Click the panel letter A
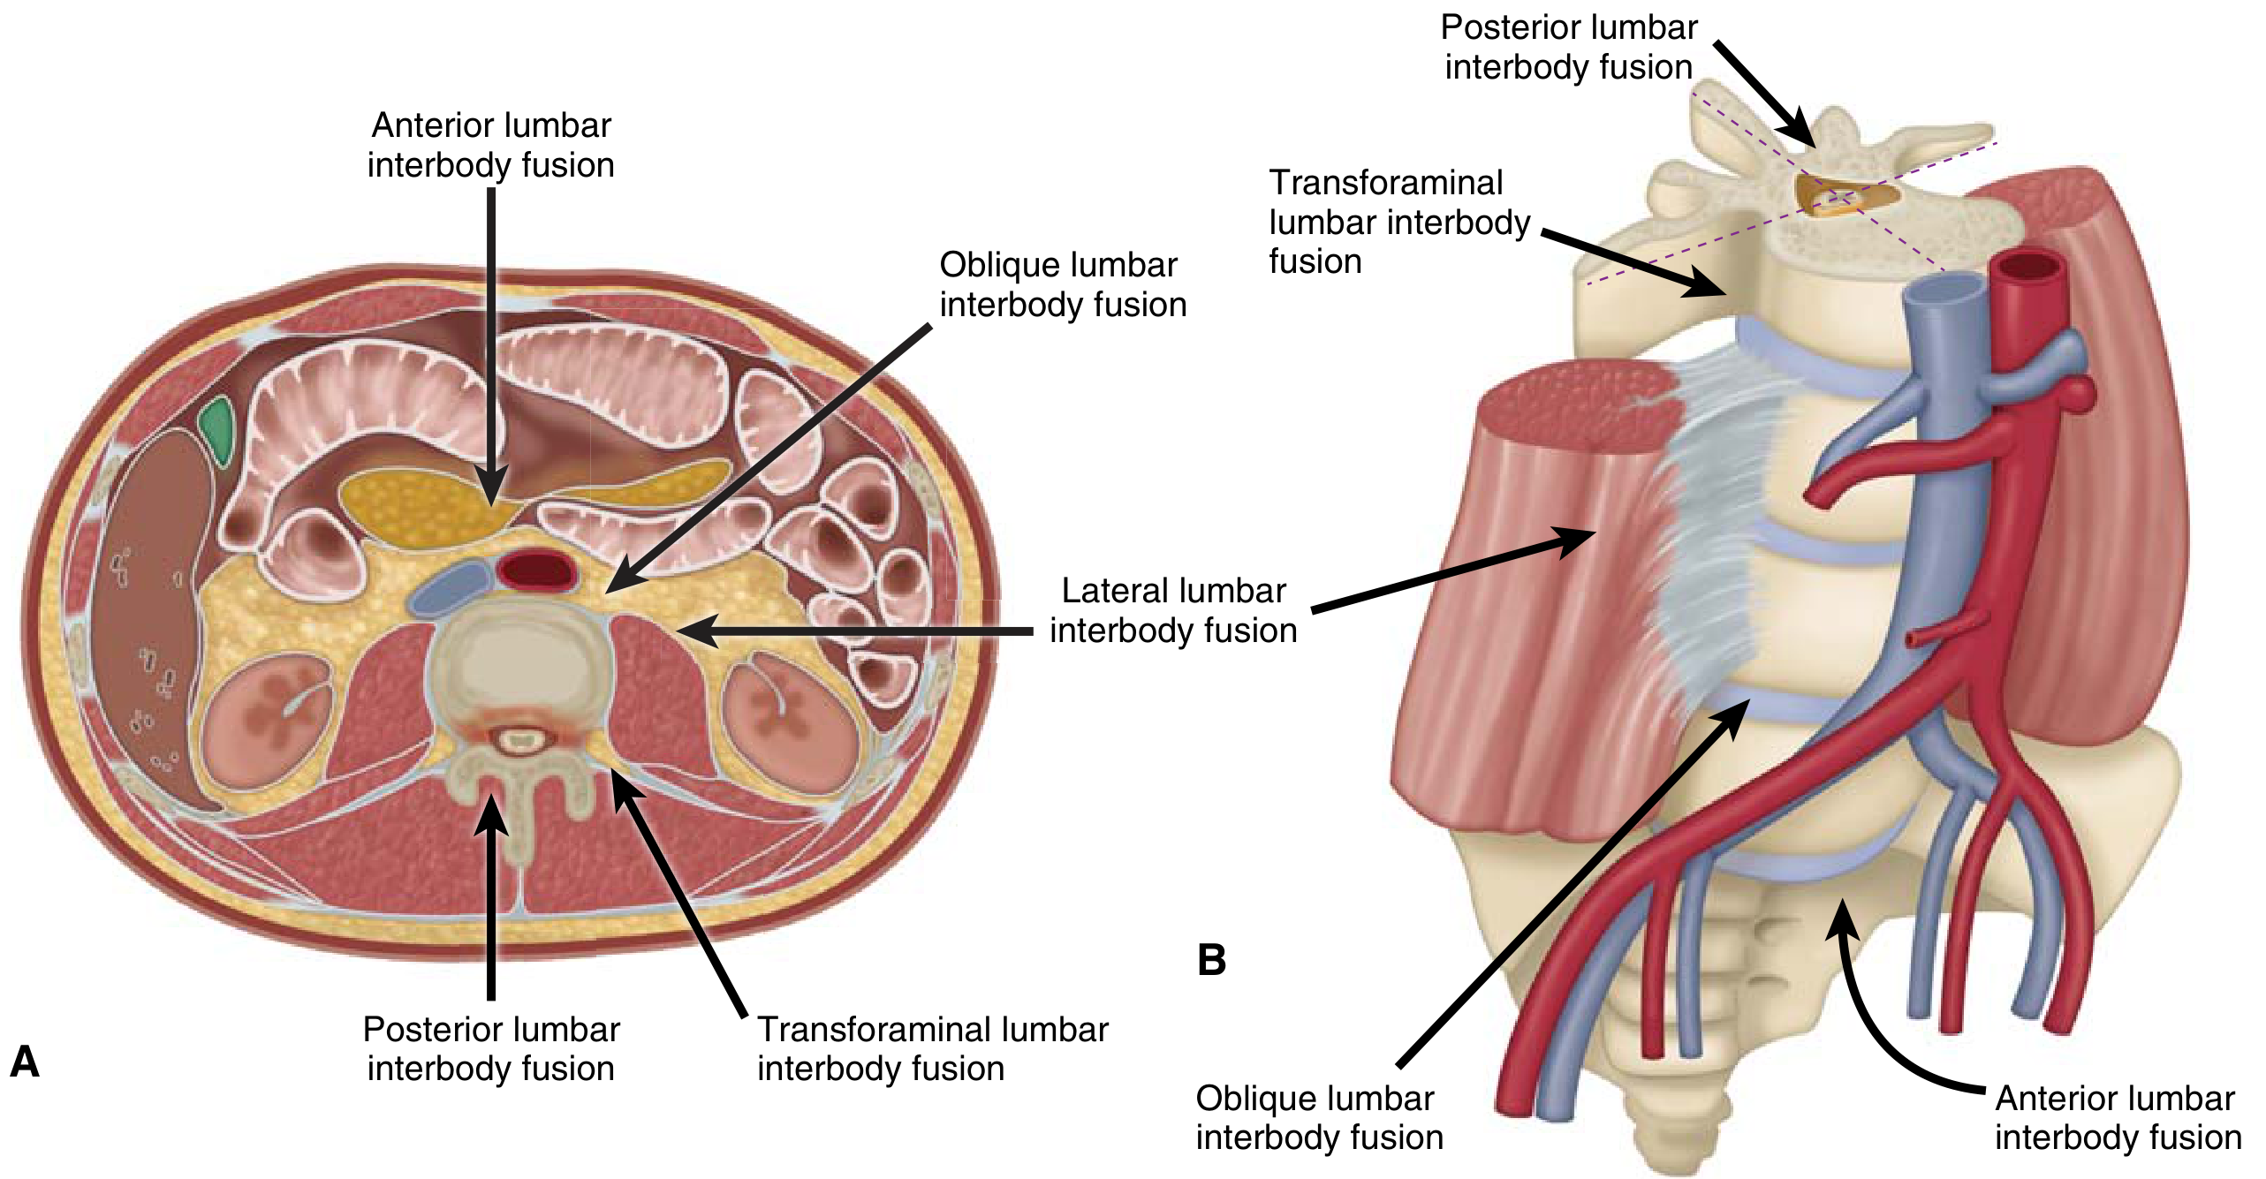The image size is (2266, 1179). coord(25,1062)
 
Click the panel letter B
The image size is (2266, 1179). coord(1211,960)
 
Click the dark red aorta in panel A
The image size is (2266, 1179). coord(536,570)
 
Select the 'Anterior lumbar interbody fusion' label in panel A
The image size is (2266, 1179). coord(491,145)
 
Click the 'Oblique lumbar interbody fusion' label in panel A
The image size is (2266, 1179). coord(1062,284)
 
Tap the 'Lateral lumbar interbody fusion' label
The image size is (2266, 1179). coord(1173,610)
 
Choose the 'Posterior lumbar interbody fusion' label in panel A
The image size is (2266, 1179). coord(491,1048)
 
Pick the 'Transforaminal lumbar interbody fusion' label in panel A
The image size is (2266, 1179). coord(932,1048)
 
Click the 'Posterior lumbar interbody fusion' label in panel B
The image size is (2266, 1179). coord(1569,47)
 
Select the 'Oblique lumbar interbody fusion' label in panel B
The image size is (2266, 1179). coord(1319,1117)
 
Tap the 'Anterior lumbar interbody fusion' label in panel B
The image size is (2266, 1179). coord(2118,1117)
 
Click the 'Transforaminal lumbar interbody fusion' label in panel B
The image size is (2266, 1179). coord(1398,222)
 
